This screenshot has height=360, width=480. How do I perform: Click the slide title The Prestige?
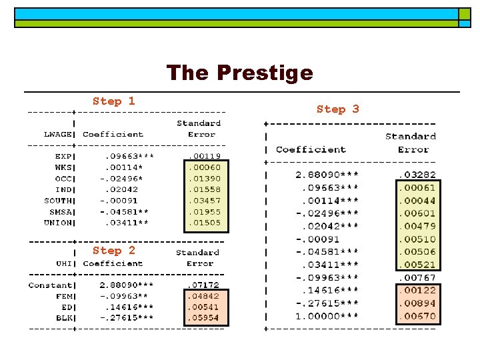tap(239, 72)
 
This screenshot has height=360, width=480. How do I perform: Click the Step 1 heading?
tap(113, 101)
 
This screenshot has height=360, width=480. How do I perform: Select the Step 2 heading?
tap(113, 251)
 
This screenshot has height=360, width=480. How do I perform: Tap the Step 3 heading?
tap(337, 109)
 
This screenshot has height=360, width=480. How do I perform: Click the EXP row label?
tap(65, 157)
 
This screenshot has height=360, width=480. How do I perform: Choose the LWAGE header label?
tap(58, 134)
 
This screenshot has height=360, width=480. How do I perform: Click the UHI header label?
tap(65, 263)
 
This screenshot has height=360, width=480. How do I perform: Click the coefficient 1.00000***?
tap(327, 316)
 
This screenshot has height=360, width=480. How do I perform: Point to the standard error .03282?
tap(417, 175)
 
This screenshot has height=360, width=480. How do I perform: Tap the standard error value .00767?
tap(417, 277)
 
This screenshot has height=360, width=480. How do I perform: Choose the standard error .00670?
tap(417, 316)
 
